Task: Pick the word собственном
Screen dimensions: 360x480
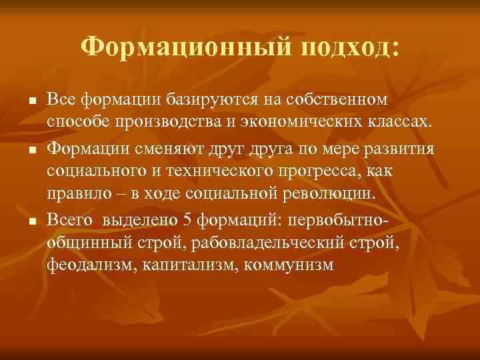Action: coord(337,99)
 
